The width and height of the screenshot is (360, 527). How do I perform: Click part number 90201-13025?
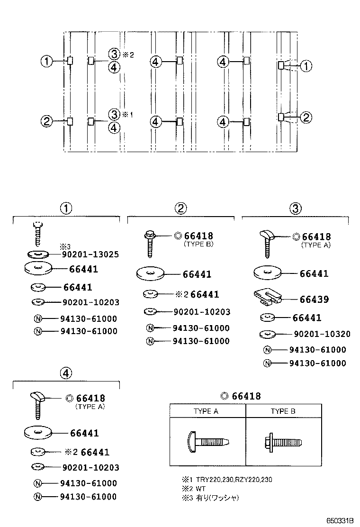90,254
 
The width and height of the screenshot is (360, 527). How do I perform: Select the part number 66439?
314,300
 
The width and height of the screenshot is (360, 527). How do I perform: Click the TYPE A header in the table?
206,411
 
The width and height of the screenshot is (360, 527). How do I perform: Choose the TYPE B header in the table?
283,411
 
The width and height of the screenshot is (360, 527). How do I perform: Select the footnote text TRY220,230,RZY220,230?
234,480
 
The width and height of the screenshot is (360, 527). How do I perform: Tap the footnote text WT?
201,489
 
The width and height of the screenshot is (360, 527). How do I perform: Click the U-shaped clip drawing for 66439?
267,296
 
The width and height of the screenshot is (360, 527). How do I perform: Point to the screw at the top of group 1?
37,232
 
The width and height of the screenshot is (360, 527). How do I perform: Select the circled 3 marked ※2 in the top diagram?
114,54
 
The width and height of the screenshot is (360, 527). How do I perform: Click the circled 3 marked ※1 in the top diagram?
114,114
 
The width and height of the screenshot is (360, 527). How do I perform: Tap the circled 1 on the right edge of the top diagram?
306,66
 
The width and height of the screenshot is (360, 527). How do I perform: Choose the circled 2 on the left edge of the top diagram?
46,121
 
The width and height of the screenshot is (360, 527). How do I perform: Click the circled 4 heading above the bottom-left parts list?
66,373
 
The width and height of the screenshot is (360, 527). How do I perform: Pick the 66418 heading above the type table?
241,396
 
